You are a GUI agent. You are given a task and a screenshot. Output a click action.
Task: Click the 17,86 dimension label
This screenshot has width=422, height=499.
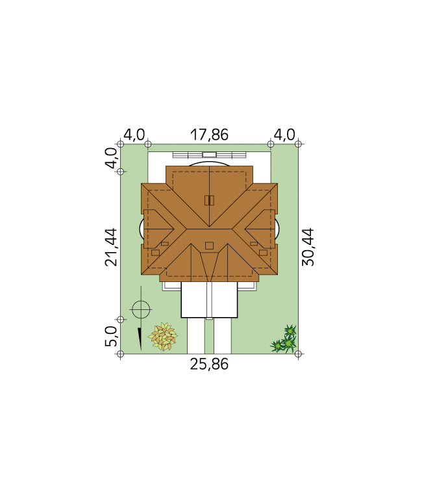(209, 134)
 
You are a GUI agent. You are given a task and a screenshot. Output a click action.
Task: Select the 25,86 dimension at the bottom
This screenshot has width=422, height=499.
(209, 364)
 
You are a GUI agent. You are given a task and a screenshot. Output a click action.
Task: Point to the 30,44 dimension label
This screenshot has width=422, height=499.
(308, 247)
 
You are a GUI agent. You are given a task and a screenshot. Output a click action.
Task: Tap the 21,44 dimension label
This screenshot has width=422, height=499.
(111, 247)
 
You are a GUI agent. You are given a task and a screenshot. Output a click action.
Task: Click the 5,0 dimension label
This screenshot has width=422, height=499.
(111, 336)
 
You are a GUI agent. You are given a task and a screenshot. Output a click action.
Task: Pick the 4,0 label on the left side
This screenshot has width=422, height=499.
(111, 158)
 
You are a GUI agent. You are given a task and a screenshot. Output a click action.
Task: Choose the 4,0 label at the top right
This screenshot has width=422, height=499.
(284, 134)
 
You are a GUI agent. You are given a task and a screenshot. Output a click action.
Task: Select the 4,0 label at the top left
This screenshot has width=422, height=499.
(134, 134)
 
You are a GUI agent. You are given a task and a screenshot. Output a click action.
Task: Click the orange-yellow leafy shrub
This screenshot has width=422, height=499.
(162, 337)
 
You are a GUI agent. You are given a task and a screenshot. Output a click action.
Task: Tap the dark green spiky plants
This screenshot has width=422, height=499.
(284, 339)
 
